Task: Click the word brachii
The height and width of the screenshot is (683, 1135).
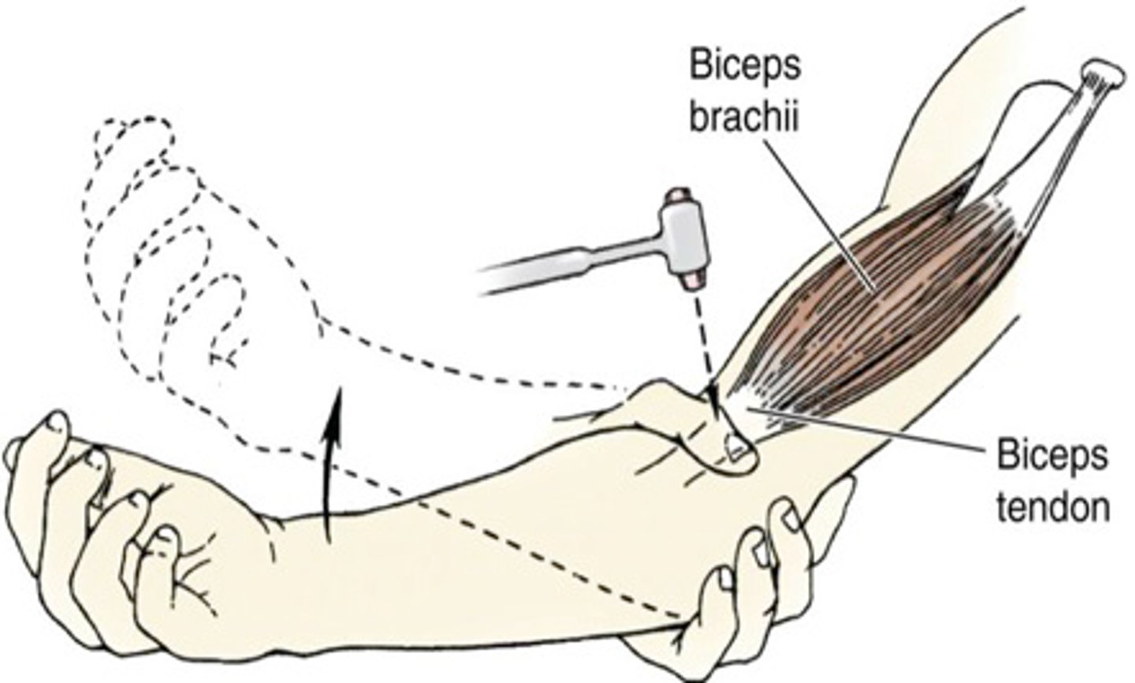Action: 744,118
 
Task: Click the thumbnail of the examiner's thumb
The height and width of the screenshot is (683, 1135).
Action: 736,448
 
